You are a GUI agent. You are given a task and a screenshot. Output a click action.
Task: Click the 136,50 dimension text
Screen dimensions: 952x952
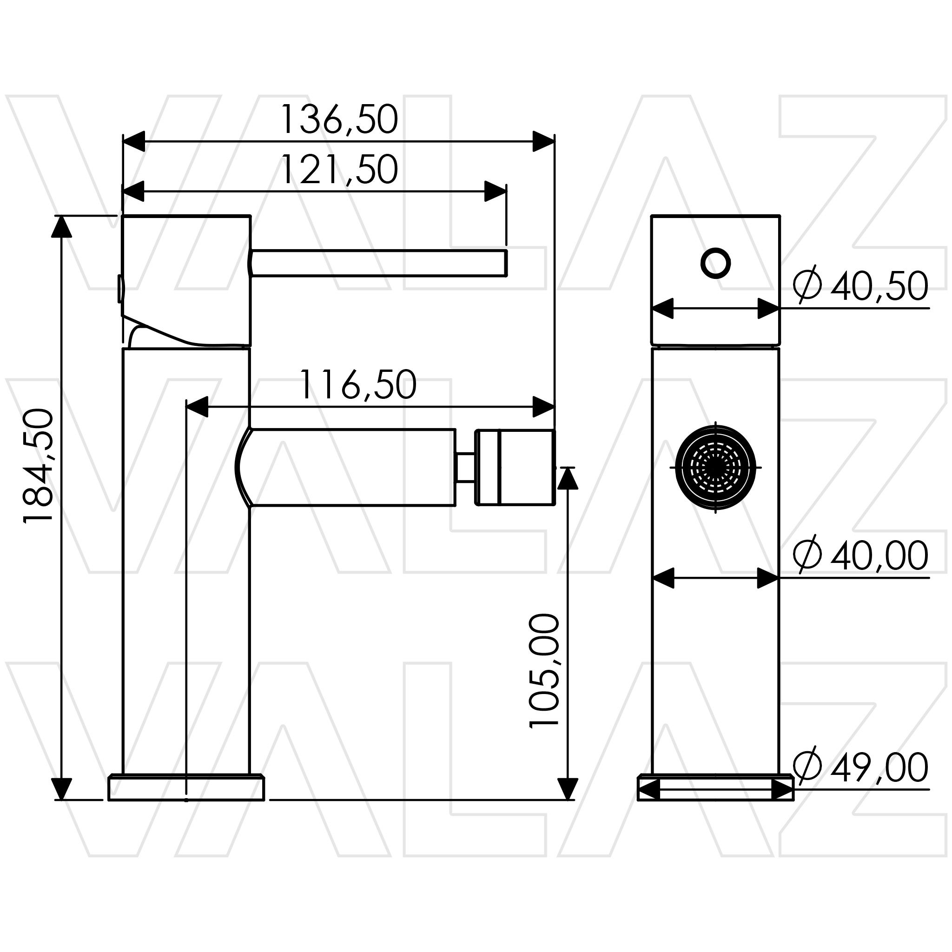339,119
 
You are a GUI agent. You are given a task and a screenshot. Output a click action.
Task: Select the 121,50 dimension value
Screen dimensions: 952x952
339,170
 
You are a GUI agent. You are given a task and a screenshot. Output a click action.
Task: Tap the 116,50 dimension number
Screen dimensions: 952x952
358,385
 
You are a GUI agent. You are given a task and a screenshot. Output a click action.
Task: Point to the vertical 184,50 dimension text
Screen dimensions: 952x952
39,465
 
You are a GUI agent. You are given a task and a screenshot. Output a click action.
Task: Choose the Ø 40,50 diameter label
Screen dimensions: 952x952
860,286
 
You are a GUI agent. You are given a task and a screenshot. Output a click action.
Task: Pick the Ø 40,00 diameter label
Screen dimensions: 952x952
860,555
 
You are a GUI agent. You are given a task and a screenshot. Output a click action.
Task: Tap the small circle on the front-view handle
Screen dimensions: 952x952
715,263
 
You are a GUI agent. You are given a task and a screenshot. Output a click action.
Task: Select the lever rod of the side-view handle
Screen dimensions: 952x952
378,263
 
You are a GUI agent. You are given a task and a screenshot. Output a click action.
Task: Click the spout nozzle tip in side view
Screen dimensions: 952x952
526,467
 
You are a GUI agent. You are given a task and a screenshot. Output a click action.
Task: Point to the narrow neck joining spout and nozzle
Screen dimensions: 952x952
465,467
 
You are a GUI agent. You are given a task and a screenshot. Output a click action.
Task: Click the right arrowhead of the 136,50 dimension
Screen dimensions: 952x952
543,141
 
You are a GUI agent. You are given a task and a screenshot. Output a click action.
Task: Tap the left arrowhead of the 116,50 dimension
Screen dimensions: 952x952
197,407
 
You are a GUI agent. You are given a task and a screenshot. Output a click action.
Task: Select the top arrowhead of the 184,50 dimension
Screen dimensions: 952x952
62,227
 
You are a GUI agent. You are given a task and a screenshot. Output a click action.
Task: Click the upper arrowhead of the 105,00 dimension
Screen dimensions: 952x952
568,478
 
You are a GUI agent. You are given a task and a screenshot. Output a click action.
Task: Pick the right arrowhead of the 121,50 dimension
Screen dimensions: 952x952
495,192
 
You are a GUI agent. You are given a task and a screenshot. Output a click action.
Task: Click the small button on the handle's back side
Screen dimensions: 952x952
120,289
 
